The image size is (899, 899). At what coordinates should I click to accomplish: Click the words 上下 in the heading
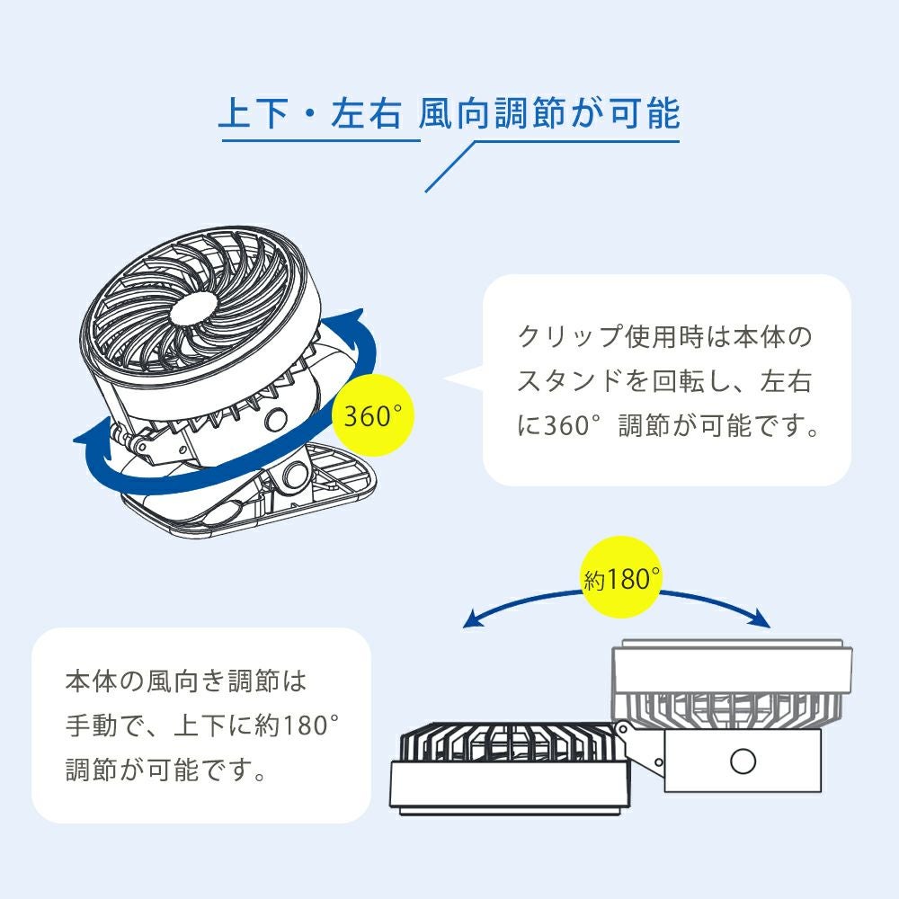tap(258, 115)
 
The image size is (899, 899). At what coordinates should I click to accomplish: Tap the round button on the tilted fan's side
tap(276, 419)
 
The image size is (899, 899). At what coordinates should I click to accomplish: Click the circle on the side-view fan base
tap(743, 761)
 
